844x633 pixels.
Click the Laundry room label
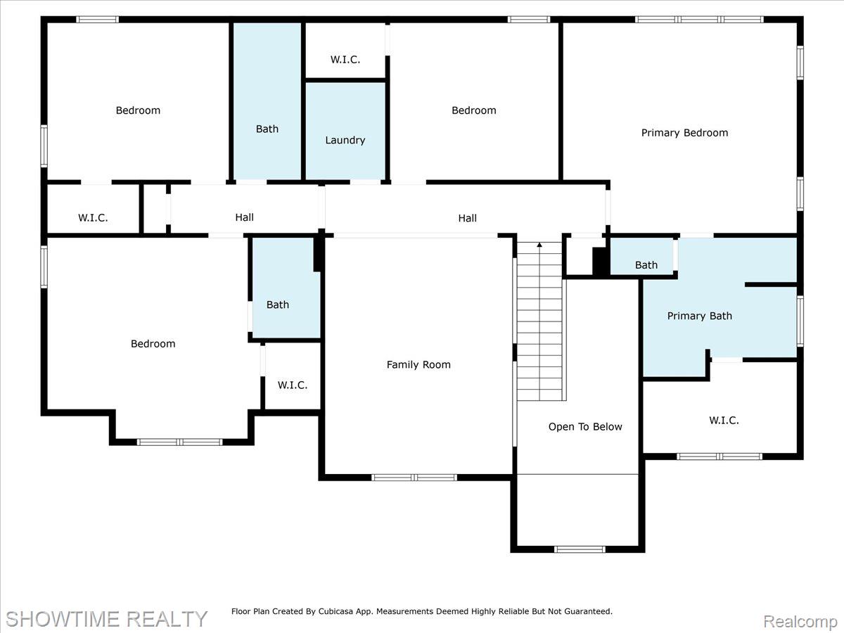345,140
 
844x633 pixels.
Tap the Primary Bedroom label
684,133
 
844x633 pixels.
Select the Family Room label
418,364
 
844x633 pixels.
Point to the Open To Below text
585,427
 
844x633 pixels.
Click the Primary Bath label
699,316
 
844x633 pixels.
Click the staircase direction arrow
539,245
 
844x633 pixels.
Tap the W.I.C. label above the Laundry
345,60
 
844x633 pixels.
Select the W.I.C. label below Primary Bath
724,421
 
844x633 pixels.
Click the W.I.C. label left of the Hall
93,218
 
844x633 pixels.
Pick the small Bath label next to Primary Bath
646,265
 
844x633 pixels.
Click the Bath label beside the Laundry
267,129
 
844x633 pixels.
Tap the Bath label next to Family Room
277,305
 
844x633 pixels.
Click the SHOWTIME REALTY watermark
106,619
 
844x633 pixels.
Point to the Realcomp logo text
800,622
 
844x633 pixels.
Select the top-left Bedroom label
138,110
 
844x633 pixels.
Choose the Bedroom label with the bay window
153,344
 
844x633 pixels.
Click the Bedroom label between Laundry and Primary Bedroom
473,110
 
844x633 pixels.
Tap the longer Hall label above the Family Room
467,218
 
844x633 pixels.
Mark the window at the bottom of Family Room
414,478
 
